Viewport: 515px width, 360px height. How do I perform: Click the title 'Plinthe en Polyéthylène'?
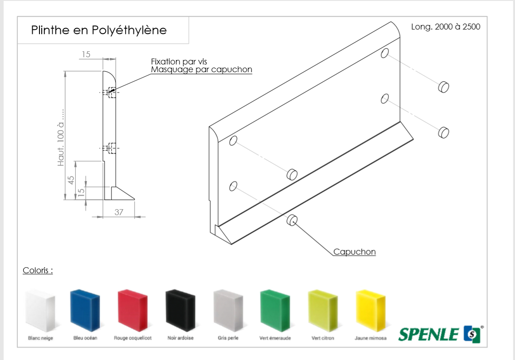pos(99,30)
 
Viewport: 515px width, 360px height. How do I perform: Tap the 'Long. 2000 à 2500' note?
pos(445,27)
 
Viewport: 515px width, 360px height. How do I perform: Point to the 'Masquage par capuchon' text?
pos(201,70)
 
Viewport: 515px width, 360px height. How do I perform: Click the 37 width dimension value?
pos(119,212)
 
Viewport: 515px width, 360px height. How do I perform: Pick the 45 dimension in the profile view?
pos(71,180)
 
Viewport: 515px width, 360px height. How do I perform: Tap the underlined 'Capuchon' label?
pos(354,252)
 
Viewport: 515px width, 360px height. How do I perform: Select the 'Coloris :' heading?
pos(38,271)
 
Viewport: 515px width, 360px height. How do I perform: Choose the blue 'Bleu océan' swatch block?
pos(85,310)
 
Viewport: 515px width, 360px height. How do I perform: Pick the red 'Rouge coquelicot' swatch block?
pos(132,310)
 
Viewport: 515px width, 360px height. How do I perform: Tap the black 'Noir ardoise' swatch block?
pos(180,310)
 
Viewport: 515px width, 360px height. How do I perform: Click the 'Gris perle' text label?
pos(228,338)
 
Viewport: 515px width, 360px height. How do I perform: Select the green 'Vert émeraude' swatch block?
pos(275,310)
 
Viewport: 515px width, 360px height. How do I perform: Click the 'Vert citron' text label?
pos(323,338)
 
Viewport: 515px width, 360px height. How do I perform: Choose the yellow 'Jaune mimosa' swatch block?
pos(370,310)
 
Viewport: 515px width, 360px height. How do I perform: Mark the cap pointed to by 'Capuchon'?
pos(292,220)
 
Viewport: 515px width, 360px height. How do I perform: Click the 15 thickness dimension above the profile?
pos(86,54)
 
